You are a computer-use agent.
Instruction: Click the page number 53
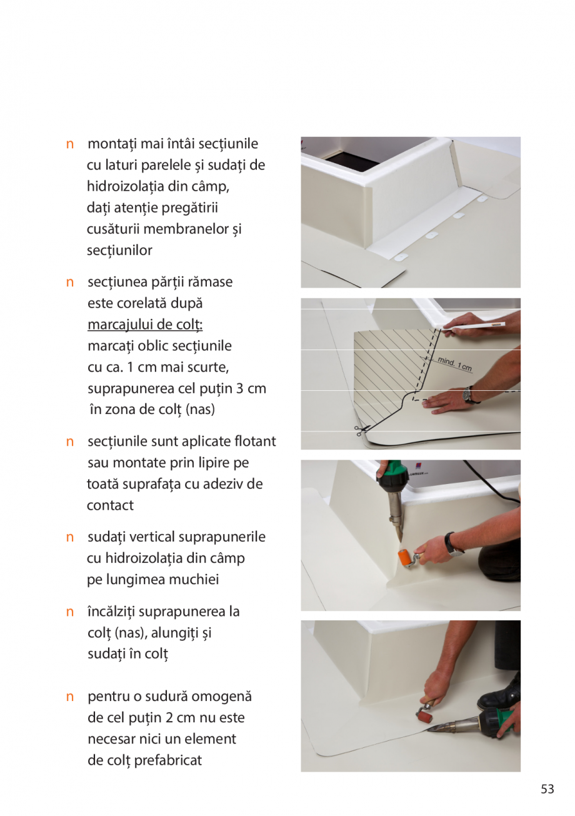click(x=547, y=789)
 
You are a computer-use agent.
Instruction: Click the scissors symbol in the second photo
click(x=361, y=430)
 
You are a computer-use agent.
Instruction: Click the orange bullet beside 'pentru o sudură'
click(x=71, y=697)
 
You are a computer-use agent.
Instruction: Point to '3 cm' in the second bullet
click(x=251, y=388)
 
